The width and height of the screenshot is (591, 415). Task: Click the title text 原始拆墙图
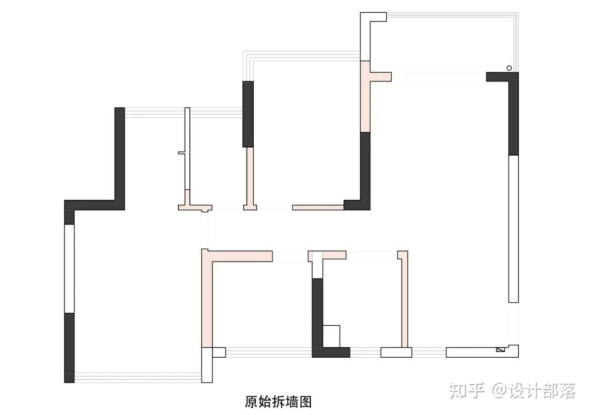tap(278, 402)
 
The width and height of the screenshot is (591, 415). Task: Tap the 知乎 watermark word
tap(467, 391)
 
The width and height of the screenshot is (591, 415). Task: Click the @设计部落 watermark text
tap(534, 391)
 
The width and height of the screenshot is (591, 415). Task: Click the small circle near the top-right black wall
tap(509, 68)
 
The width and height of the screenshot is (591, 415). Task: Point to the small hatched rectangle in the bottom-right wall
tap(500, 349)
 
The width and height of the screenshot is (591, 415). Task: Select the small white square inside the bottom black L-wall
tap(331, 336)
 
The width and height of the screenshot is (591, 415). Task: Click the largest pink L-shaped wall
tap(207, 297)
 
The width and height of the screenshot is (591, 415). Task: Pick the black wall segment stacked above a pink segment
tap(248, 114)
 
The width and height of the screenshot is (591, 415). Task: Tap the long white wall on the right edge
tap(513, 228)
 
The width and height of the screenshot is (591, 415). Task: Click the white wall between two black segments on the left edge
tap(69, 268)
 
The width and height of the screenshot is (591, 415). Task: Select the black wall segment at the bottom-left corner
tap(69, 347)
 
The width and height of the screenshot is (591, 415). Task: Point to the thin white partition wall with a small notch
tap(187, 149)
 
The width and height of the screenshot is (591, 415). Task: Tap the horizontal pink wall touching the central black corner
tap(318, 207)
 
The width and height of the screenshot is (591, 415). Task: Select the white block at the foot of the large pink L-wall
tap(207, 364)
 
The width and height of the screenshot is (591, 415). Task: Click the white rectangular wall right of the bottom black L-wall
tap(396, 352)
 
